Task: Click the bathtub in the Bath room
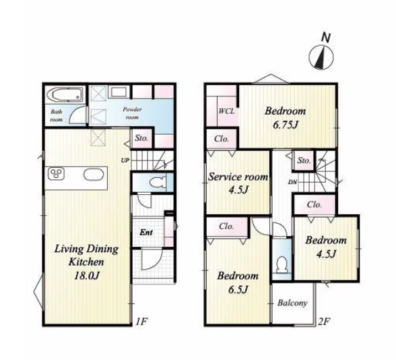click(65, 94)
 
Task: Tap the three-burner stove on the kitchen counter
click(56, 174)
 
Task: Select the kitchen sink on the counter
click(94, 175)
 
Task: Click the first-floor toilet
click(158, 182)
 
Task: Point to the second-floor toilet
click(282, 265)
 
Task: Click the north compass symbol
click(321, 57)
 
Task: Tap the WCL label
click(226, 111)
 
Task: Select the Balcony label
click(292, 303)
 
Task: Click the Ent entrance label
click(146, 232)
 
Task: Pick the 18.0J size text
click(86, 276)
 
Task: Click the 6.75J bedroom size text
click(286, 125)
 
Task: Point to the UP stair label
click(125, 160)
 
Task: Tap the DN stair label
click(292, 182)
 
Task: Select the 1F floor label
click(141, 322)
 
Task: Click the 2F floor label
click(324, 322)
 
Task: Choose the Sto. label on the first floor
click(141, 138)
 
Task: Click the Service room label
click(238, 177)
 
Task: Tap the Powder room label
click(132, 113)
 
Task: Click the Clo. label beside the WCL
click(222, 139)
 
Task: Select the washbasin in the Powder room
click(119, 92)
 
